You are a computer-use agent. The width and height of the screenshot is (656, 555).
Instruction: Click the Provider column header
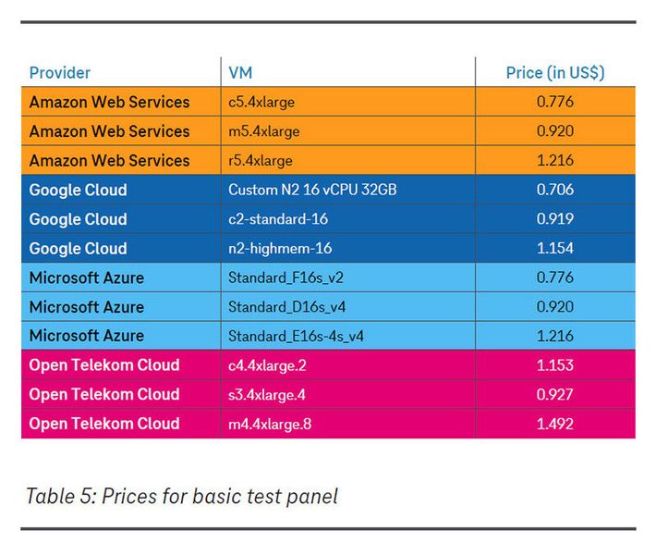(60, 73)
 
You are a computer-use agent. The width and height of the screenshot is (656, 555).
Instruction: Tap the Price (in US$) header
(554, 73)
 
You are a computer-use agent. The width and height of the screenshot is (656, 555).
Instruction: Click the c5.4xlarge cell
(261, 102)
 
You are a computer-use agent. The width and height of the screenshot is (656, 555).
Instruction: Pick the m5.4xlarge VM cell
(263, 131)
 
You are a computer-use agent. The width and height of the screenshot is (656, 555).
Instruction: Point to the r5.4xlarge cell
(261, 161)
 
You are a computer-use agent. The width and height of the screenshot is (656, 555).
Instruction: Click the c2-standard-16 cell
(278, 219)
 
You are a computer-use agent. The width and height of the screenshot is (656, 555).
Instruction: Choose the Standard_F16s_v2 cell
(285, 277)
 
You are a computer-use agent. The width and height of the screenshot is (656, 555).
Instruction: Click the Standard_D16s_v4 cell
(286, 306)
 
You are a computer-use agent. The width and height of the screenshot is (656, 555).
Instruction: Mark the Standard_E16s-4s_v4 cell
(296, 336)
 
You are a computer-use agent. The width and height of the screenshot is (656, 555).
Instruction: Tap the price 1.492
(554, 424)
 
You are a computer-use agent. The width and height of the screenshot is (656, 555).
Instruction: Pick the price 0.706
(554, 190)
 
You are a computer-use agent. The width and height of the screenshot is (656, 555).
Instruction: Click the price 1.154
(554, 249)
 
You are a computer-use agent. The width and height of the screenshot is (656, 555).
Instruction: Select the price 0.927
(554, 395)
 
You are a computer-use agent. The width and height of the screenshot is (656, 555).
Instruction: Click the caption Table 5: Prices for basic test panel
(181, 496)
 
